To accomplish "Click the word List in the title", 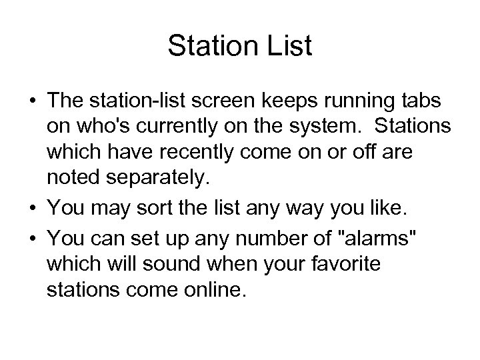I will tap(288, 47).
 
